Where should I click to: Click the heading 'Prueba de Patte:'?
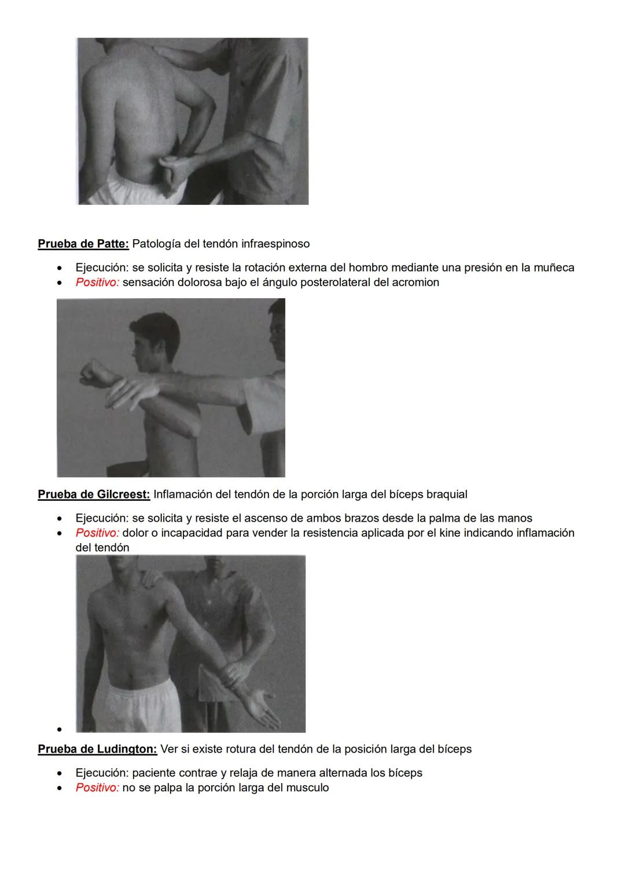tap(83, 244)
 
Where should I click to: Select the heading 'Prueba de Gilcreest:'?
tap(94, 494)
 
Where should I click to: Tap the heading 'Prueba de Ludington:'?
tap(97, 749)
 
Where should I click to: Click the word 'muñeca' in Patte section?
tap(553, 267)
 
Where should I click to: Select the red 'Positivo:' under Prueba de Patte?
tap(97, 283)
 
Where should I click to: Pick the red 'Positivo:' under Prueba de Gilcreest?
tap(97, 533)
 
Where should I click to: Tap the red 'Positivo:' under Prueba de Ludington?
tap(97, 787)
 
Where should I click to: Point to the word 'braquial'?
tap(446, 494)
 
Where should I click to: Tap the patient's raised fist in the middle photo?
tap(93, 372)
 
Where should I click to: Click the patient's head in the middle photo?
tap(156, 339)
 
